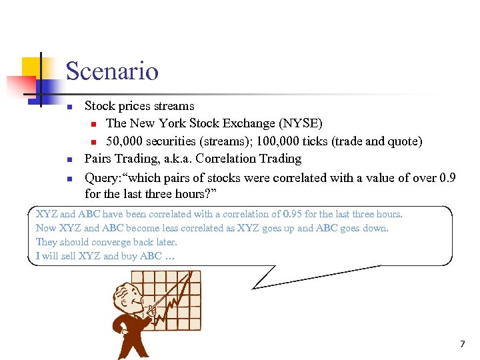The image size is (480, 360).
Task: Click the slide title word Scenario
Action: point(112,71)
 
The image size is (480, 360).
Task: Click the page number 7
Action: point(462,344)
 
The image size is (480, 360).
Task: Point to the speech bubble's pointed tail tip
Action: point(253,287)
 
